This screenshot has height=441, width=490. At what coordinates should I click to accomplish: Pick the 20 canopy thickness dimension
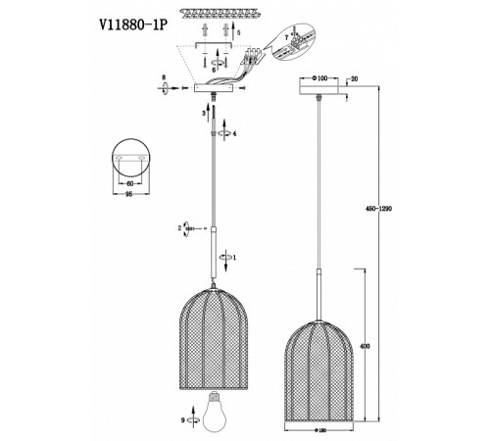pos(353,76)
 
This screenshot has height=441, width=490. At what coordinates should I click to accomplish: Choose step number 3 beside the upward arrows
pos(203,114)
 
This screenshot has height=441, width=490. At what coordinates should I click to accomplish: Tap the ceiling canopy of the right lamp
pos(321,89)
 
